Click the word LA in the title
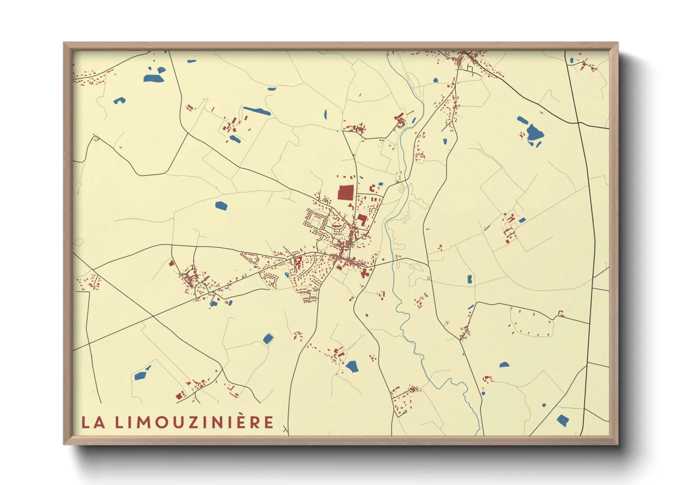point(93,422)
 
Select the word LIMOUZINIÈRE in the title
point(194,422)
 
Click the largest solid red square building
point(345,193)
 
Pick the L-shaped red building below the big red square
point(362,220)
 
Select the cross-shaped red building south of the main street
point(365,274)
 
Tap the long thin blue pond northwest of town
point(257,110)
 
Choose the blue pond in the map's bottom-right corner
point(563,419)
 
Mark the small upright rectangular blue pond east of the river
point(470,279)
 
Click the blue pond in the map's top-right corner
point(571,61)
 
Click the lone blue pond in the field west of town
point(221,205)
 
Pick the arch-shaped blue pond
point(119,100)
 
